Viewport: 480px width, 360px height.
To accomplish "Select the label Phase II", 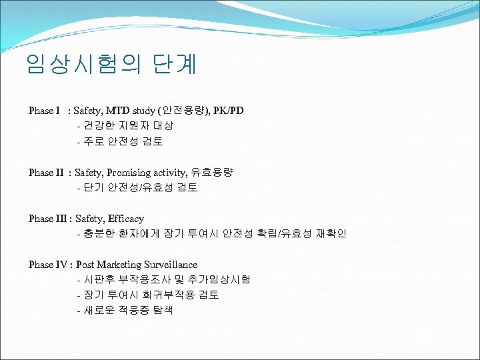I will [x=46, y=172].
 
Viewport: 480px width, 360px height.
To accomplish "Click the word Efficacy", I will [x=127, y=219].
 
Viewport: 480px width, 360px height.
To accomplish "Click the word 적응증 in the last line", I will [x=136, y=311].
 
